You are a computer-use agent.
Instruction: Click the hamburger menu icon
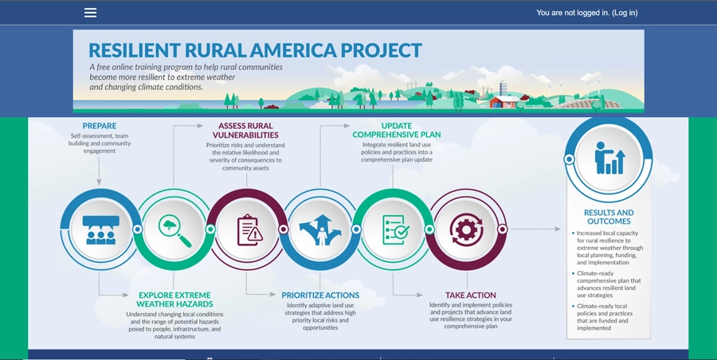click(x=90, y=13)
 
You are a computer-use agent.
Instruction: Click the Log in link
click(x=624, y=13)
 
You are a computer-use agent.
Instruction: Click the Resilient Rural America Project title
click(x=255, y=51)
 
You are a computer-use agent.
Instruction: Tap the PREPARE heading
click(x=99, y=126)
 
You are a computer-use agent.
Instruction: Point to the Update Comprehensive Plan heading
click(x=396, y=131)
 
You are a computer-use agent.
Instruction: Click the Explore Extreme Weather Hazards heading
click(x=174, y=299)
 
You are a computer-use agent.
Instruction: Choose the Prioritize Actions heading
click(x=320, y=295)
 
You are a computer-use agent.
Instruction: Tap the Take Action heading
click(x=470, y=295)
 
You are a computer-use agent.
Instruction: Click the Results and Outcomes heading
click(x=609, y=217)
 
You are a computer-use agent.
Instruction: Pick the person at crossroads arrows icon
click(x=321, y=229)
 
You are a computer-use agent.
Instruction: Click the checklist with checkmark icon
click(x=395, y=229)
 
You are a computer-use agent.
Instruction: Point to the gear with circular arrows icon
click(x=466, y=229)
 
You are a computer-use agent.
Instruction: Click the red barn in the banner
click(x=504, y=101)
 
